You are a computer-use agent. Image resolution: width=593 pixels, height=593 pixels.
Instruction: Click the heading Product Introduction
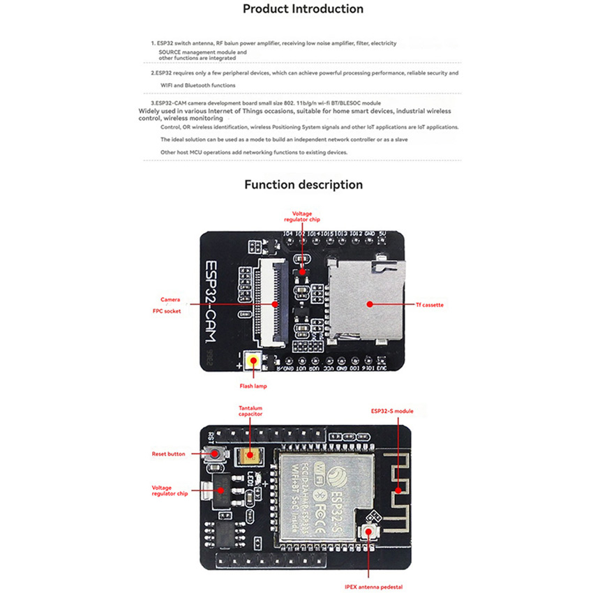pos(303,9)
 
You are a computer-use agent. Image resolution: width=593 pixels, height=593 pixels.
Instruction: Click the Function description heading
pos(303,185)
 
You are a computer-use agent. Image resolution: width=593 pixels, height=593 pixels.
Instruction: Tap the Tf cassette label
pos(430,304)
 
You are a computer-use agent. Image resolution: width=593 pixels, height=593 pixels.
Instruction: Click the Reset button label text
pos(169,454)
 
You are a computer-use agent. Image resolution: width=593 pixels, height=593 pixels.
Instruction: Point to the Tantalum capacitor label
pos(250,410)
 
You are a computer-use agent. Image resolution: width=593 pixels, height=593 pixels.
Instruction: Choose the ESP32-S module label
pos(393,411)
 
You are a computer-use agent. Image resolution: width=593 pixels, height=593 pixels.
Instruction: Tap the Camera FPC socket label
pos(170,305)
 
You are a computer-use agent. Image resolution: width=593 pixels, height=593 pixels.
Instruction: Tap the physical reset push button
pos(217,454)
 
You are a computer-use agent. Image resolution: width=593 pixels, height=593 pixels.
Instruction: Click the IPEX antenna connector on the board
pos(367,534)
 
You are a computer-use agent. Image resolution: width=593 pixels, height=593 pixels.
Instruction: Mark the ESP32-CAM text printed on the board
pos(216,301)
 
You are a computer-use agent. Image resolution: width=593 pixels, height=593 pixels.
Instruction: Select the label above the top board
pos(302,216)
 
